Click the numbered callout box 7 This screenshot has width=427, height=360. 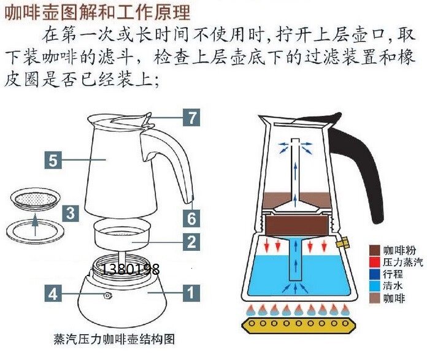193,117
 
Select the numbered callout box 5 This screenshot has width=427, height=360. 53,161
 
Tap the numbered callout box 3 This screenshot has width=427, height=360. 72,213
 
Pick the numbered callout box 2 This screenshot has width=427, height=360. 193,242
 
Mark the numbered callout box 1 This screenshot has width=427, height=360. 193,294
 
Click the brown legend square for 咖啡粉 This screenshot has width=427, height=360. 374,250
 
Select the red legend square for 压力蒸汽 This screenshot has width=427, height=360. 374,262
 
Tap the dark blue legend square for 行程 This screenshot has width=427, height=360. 374,274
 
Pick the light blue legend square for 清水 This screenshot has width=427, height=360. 374,285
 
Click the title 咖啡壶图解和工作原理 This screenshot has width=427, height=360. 98,12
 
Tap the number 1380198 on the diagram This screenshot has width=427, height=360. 130,269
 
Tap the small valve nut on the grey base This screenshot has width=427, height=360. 108,296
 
